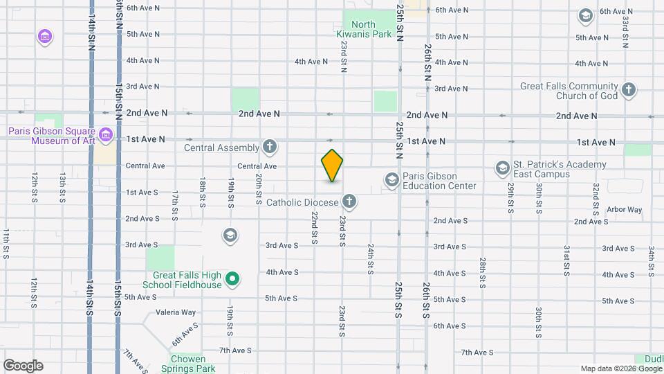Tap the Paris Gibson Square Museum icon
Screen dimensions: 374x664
pyautogui.click(x=106, y=134)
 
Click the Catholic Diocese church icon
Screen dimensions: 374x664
pyautogui.click(x=350, y=202)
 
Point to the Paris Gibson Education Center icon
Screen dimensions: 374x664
pyautogui.click(x=391, y=180)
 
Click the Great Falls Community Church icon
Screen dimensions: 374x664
pyautogui.click(x=629, y=89)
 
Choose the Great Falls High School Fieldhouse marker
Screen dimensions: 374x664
pyautogui.click(x=233, y=280)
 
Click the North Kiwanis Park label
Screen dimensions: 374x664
pyautogui.click(x=373, y=28)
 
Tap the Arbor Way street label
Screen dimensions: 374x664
pyautogui.click(x=624, y=209)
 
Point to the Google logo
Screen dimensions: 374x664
pyautogui.click(x=23, y=365)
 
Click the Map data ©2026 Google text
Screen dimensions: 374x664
pyautogui.click(x=620, y=368)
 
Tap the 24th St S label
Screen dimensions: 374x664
pyautogui.click(x=371, y=258)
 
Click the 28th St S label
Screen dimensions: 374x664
pyautogui.click(x=482, y=273)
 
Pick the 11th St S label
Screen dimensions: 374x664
pyautogui.click(x=6, y=244)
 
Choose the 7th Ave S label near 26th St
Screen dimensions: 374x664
pyautogui.click(x=477, y=352)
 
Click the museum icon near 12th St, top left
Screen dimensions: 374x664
pyautogui.click(x=45, y=36)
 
